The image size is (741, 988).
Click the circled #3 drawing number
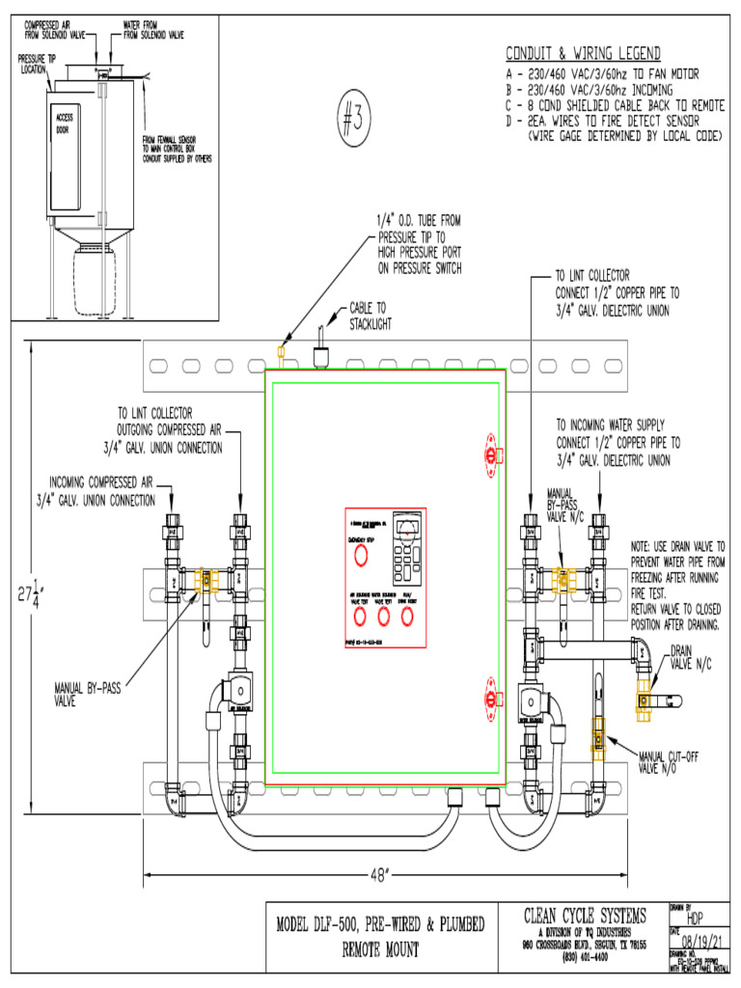pos(354,119)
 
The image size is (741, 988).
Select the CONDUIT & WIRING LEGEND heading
pos(583,53)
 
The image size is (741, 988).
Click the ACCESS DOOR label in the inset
pos(65,123)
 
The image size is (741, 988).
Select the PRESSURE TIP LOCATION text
pos(34,64)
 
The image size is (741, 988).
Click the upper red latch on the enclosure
pos(492,454)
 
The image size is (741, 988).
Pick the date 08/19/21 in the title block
pos(701,941)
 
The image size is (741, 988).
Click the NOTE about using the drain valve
pos(677,585)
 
